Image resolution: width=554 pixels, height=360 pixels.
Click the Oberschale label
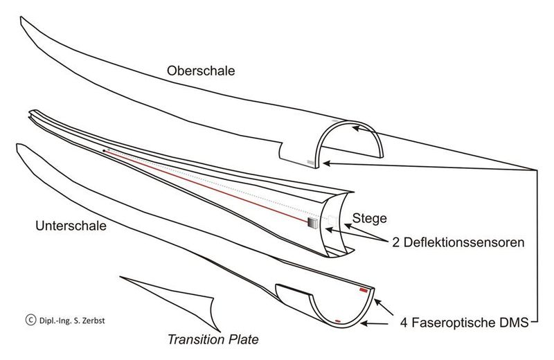coord(201,71)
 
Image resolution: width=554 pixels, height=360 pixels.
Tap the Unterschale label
coord(71,226)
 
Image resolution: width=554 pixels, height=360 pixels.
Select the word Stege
coord(369,219)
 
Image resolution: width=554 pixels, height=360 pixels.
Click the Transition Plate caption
coord(213,339)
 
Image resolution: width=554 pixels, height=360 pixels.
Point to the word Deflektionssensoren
coord(464,243)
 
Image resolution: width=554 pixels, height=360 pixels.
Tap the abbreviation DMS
coord(515,322)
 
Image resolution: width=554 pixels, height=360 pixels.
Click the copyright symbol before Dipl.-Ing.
coord(30,320)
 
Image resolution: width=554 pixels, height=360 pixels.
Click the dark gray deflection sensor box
coord(313,224)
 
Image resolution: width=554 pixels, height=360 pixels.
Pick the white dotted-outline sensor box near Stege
coord(332,219)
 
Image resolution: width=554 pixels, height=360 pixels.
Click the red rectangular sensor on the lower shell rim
coord(364,290)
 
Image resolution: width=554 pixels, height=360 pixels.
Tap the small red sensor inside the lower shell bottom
coord(338,321)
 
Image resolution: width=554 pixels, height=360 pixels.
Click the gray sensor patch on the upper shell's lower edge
coord(310,162)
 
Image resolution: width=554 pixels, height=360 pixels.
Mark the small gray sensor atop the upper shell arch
coord(336,121)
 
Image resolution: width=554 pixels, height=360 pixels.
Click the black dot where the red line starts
coord(104,151)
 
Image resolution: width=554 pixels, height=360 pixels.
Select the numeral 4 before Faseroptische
coord(404,323)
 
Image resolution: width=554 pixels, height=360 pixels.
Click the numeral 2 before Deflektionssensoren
coord(395,243)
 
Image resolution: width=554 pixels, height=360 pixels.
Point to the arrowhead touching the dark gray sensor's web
coord(329,230)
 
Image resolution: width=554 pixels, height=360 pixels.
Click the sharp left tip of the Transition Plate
coord(120,277)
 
